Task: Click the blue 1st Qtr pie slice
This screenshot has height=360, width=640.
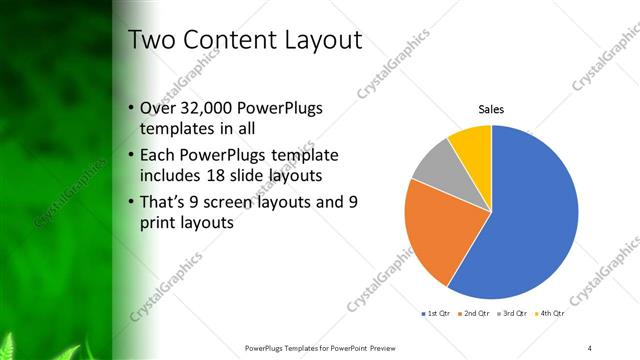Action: tap(535, 220)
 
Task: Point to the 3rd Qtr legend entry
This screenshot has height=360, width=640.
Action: tap(512, 314)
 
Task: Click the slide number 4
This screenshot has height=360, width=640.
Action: tap(590, 346)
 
